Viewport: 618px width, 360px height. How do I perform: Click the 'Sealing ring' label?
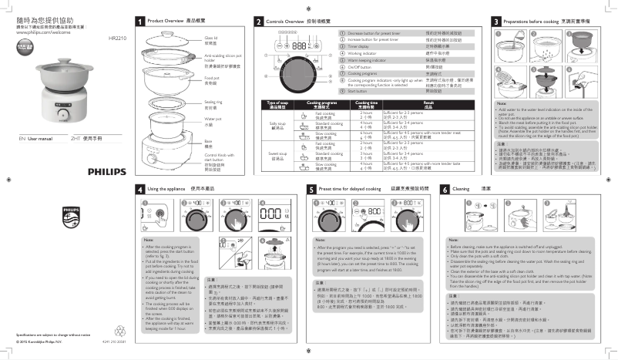click(212, 101)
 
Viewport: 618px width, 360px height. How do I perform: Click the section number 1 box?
click(139, 21)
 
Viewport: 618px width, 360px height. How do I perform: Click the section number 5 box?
click(311, 188)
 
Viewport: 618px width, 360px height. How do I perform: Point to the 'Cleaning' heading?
click(462, 188)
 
